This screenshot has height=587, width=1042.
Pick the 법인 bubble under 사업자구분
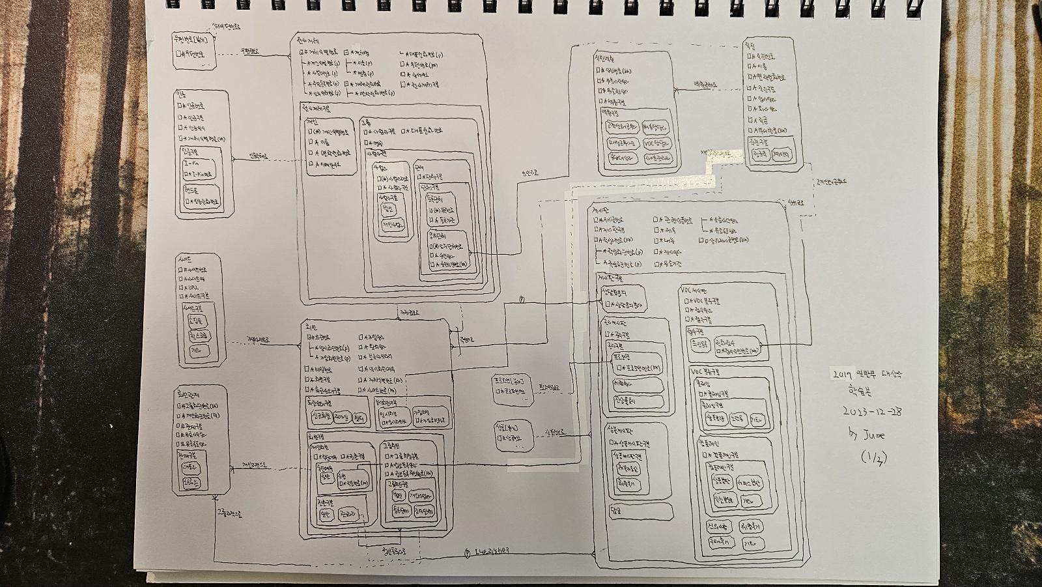[389, 208]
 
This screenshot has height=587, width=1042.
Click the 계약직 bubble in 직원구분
[781, 155]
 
